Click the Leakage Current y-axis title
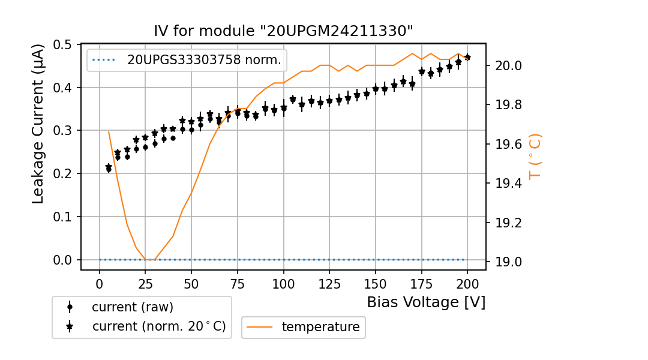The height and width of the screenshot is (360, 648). [38, 124]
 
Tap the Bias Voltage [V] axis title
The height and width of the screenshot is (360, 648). [426, 302]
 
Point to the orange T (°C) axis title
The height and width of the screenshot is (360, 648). [535, 156]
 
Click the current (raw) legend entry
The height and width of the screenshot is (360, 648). [132, 307]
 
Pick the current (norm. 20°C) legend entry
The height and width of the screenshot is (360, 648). [158, 326]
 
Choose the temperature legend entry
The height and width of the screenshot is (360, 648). [320, 327]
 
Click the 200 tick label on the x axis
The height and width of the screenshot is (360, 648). [467, 283]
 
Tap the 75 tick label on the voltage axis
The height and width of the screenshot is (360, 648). [238, 283]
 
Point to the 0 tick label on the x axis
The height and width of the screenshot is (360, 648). [100, 283]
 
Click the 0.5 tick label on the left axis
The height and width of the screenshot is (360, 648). [64, 45]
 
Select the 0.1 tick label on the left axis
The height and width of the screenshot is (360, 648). [64, 217]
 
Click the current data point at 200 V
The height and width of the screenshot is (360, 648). [467, 58]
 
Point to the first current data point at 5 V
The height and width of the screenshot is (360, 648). [109, 169]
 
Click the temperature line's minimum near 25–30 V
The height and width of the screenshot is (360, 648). [150, 260]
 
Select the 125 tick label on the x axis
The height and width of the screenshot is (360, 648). [329, 283]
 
